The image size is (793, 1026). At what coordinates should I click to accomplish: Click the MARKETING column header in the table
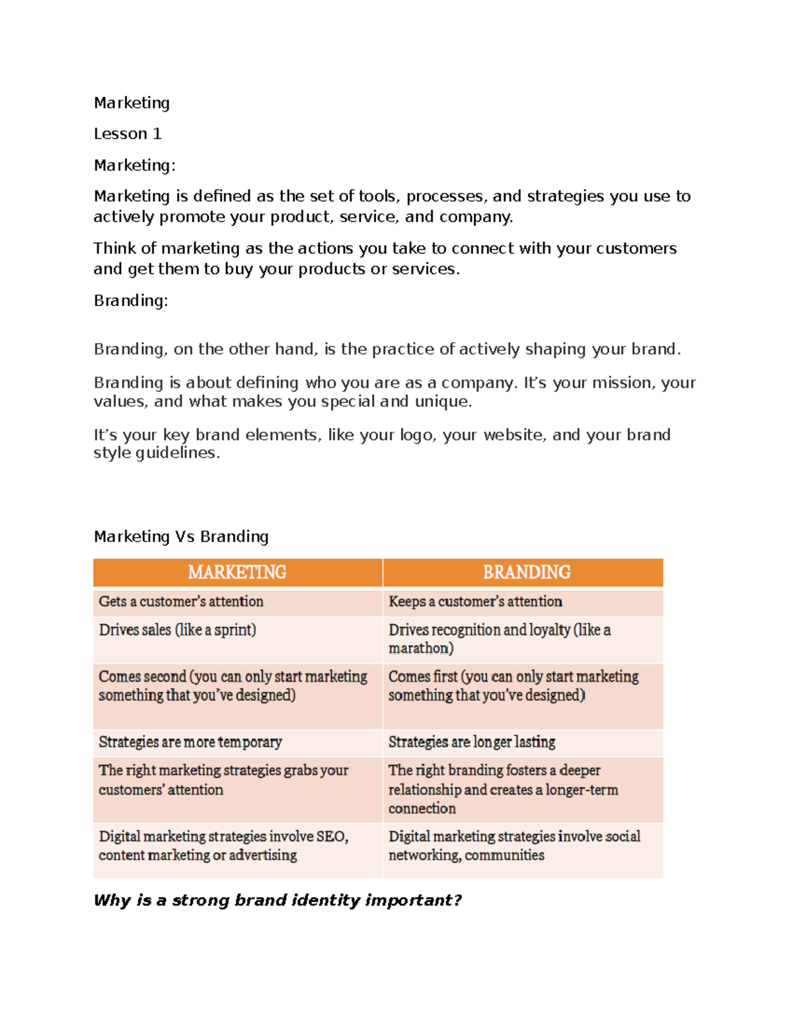pos(237,572)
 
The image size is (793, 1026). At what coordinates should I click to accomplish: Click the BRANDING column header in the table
pos(526,572)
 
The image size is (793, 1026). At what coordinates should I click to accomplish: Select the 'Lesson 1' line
pos(128,134)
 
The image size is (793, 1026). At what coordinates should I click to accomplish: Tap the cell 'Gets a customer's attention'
pos(181,601)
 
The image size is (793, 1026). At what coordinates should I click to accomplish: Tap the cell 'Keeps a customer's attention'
pos(475,601)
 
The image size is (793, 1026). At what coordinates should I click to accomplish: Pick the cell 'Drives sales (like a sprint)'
pos(177,630)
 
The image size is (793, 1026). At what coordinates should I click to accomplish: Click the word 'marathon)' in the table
pos(421,648)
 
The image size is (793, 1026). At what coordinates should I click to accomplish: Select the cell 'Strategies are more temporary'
pos(190,742)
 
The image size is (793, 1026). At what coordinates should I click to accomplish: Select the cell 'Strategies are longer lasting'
pos(472,742)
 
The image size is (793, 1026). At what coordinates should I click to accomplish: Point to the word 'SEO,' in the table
pos(332,836)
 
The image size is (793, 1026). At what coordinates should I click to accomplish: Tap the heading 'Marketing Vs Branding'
pos(181,536)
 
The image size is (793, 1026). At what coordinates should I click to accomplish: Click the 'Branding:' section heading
pos(131,301)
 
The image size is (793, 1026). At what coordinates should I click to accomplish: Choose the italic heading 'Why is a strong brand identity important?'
pos(278,900)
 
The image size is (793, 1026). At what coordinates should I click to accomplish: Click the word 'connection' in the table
pos(422,808)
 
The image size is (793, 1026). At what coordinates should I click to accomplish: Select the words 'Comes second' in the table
pos(142,677)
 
